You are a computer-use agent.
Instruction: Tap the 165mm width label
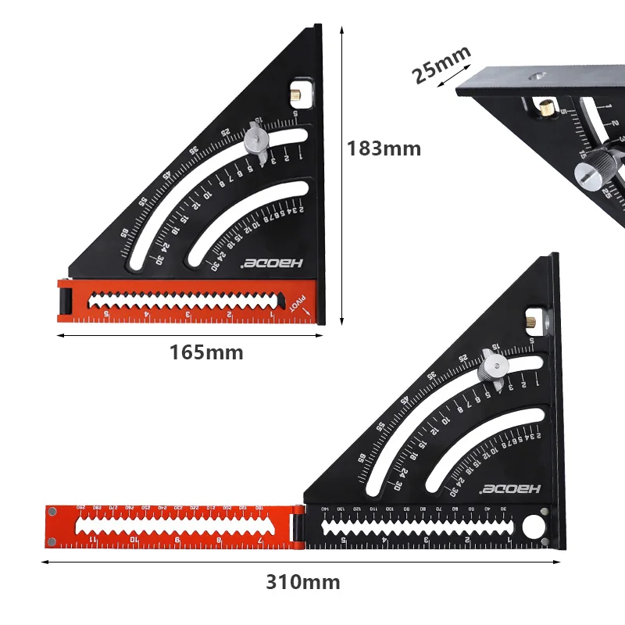point(206,352)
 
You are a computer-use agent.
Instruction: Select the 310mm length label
point(302,582)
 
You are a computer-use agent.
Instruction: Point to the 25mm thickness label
point(441,65)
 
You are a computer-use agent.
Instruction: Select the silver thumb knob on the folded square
point(255,140)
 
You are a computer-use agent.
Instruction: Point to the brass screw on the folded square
point(298,95)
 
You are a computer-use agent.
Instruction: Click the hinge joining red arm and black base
point(297,526)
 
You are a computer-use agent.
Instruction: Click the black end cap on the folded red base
point(65,299)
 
